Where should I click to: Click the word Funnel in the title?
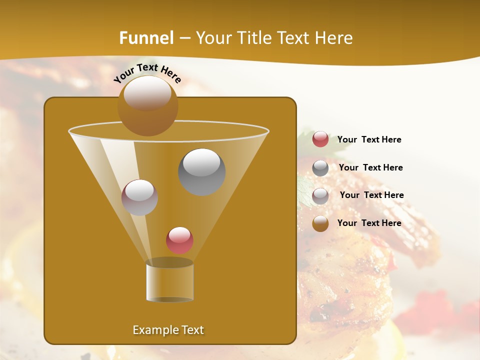146,38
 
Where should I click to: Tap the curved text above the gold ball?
147,73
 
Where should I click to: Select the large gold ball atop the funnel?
147,105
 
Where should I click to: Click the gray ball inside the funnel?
202,171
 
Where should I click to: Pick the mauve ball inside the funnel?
140,197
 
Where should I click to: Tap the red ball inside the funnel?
180,240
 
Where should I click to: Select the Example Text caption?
168,330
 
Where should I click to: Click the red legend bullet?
320,139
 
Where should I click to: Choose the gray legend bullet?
320,168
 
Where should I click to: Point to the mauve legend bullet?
320,196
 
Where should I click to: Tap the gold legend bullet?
320,223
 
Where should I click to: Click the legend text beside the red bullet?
369,139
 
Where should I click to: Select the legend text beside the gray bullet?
370,167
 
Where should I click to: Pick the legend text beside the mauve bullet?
371,195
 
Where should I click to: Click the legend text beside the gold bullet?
369,223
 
